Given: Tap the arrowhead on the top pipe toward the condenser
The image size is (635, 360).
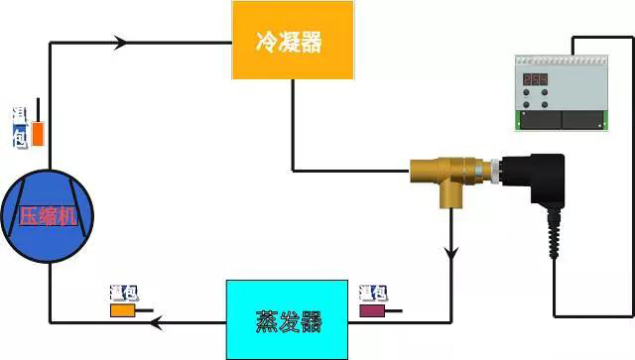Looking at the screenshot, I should coord(122,43).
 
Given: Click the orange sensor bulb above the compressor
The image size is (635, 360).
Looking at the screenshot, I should coord(38,133).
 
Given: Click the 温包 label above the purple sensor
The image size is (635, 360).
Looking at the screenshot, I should coord(373,293).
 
